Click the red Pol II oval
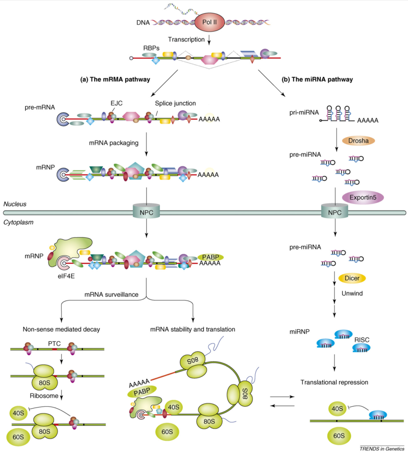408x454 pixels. (x=209, y=22)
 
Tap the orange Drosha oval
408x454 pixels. (x=358, y=141)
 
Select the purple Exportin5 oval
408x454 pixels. (x=363, y=197)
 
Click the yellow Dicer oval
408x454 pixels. (x=352, y=278)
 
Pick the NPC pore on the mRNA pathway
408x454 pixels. (x=146, y=213)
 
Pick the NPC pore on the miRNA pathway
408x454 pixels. (x=335, y=213)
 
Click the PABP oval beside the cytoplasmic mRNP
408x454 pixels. (x=210, y=257)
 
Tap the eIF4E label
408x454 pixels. (x=66, y=276)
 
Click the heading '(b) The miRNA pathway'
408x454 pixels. (x=317, y=79)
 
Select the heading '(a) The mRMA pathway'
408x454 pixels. (x=115, y=79)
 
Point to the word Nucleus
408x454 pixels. (x=15, y=204)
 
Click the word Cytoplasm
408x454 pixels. (x=19, y=222)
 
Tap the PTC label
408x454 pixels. (x=54, y=344)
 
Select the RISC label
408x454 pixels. (x=362, y=340)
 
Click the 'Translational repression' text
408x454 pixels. (x=334, y=382)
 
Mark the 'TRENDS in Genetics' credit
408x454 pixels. (x=382, y=449)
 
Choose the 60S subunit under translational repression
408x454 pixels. (x=339, y=436)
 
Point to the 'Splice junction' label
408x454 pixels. (x=175, y=103)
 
